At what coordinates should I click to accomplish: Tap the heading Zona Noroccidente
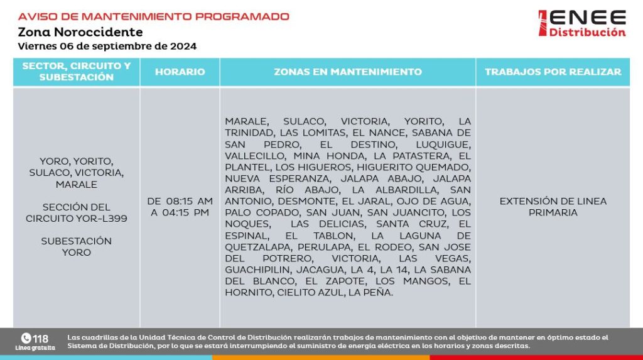(x=80, y=32)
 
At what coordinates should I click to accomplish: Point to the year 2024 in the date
(x=184, y=46)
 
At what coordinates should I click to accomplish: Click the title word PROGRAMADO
(x=240, y=16)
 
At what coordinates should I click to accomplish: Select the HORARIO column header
(x=180, y=72)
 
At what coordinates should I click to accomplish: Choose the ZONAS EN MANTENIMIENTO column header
(x=348, y=72)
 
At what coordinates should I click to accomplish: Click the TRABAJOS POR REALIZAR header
(x=553, y=72)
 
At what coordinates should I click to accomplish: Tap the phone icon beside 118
(x=26, y=338)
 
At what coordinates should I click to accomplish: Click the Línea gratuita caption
(x=35, y=347)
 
